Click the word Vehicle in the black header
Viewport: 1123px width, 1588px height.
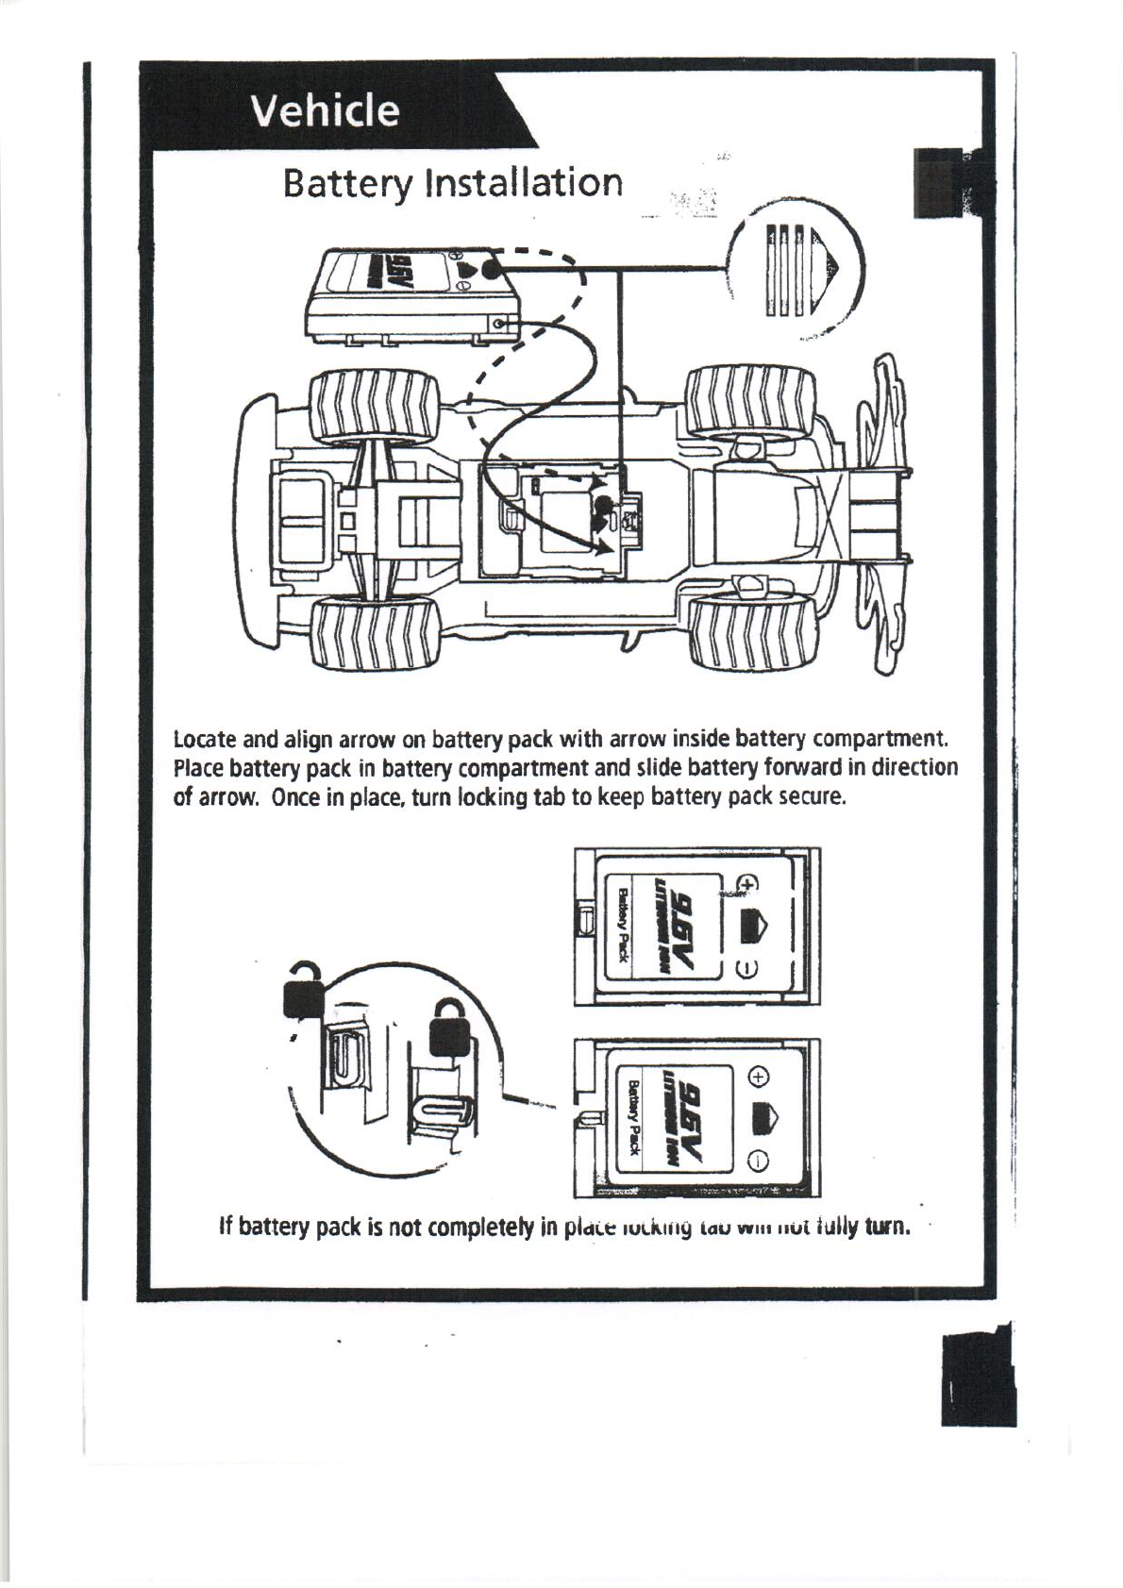click(x=324, y=111)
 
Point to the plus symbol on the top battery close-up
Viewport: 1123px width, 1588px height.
click(x=747, y=884)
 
